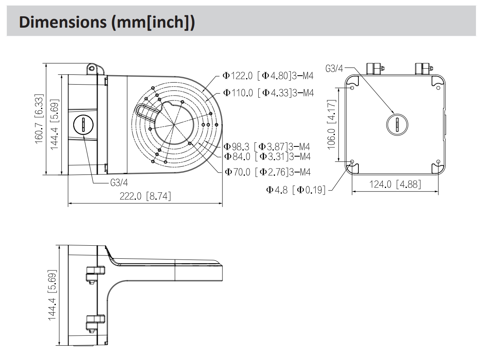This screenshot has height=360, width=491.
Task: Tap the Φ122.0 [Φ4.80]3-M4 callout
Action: pyautogui.click(x=268, y=76)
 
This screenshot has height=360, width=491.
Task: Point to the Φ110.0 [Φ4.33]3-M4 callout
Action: pyautogui.click(x=268, y=93)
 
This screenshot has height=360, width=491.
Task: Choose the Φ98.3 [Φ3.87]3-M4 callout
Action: pyautogui.click(x=267, y=147)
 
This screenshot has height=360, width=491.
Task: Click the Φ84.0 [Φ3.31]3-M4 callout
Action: pyautogui.click(x=267, y=156)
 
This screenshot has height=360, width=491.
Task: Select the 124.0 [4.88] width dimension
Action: pyautogui.click(x=395, y=184)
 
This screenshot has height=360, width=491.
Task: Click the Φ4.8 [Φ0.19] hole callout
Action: pyautogui.click(x=296, y=190)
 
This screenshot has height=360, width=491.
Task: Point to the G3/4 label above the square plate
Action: pyautogui.click(x=334, y=68)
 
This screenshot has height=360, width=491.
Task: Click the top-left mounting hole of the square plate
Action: pyautogui.click(x=352, y=87)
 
